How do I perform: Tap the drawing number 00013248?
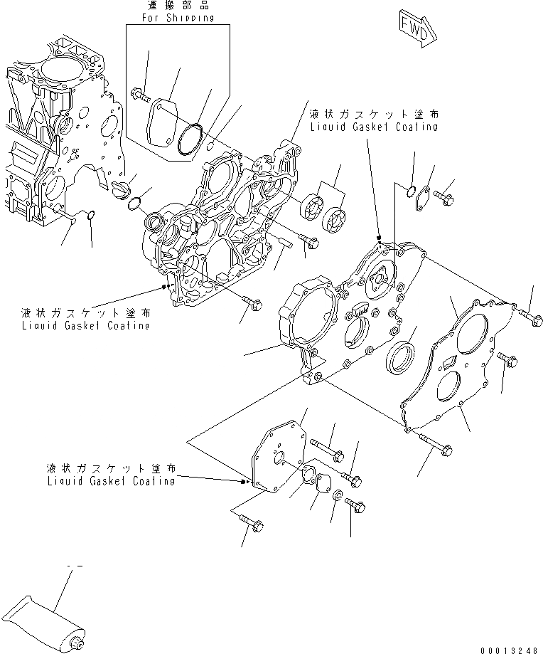pos(510,646)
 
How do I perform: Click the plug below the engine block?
pos(122,188)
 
